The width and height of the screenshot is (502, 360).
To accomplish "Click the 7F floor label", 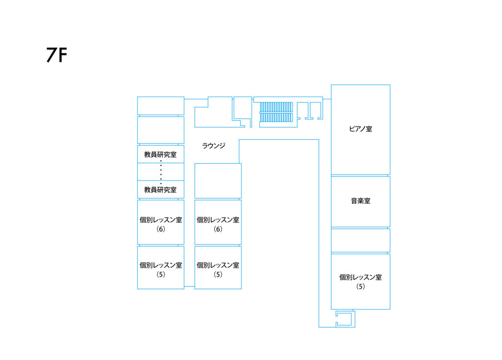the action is (x=57, y=55).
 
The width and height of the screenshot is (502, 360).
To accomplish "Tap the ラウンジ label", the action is (x=214, y=146).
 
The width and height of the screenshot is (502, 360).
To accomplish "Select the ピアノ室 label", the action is (x=360, y=129).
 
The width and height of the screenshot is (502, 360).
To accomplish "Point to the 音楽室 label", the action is (x=360, y=201).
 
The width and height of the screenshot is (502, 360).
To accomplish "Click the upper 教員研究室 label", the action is (x=160, y=154).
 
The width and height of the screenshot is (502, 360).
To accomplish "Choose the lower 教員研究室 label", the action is (x=160, y=190).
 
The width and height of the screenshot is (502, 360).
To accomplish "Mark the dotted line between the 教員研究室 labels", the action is (x=161, y=172).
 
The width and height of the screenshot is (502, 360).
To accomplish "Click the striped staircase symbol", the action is (x=276, y=112).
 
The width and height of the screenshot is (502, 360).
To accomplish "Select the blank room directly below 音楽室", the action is (x=360, y=240).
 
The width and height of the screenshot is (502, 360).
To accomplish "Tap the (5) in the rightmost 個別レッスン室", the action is (x=360, y=286).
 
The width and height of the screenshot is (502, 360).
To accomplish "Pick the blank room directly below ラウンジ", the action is (x=218, y=180).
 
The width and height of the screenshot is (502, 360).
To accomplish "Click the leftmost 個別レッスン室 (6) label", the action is (x=161, y=224).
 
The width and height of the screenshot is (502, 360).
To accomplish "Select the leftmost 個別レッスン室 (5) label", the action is (x=161, y=270).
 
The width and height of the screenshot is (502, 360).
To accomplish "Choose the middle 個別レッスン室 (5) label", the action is (x=218, y=270).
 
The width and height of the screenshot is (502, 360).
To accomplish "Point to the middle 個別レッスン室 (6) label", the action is (x=218, y=224).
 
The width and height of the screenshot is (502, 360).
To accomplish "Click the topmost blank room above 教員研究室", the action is (x=161, y=105).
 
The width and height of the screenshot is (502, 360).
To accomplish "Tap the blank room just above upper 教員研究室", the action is (x=161, y=130).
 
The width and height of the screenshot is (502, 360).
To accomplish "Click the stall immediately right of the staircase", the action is (x=302, y=111).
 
